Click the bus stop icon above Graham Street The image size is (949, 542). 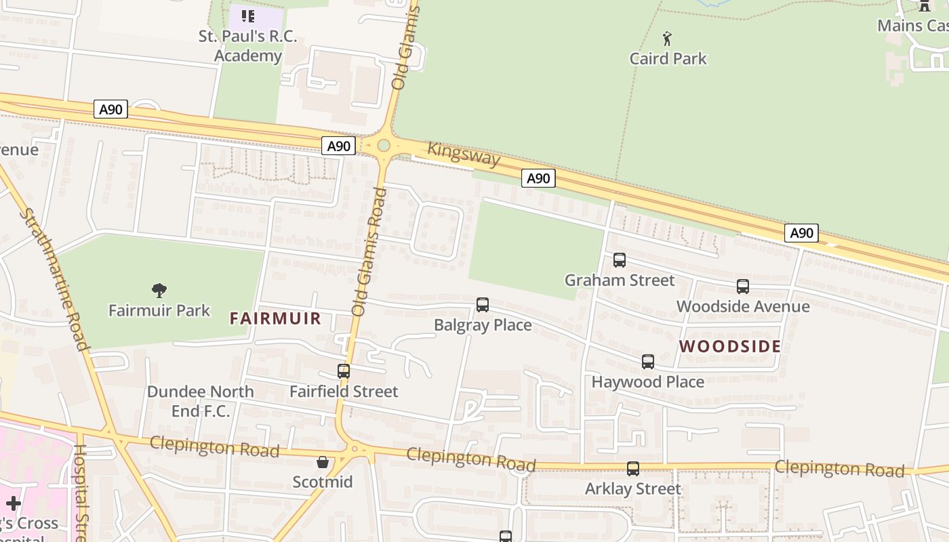click(x=619, y=260)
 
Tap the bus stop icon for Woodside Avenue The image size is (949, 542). click(x=743, y=287)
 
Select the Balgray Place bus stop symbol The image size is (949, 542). click(x=483, y=305)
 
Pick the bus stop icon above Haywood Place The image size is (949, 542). click(x=648, y=362)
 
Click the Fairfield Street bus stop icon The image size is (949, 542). click(x=344, y=371)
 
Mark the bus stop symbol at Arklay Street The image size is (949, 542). click(x=633, y=469)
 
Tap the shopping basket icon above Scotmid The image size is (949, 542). click(x=323, y=462)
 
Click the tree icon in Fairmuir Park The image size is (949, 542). click(x=159, y=291)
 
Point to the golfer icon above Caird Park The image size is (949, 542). click(x=668, y=39)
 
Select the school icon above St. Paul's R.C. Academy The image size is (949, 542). click(x=248, y=16)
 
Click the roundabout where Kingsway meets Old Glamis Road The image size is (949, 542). click(x=384, y=146)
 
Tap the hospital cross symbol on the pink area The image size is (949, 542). click(x=14, y=503)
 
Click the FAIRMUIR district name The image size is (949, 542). click(x=275, y=318)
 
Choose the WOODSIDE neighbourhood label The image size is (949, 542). click(x=730, y=346)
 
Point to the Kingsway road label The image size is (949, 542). click(x=464, y=154)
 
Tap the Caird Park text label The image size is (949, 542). click(x=668, y=59)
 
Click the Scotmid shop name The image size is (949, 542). click(x=323, y=482)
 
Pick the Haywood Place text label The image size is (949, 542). click(x=647, y=382)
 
